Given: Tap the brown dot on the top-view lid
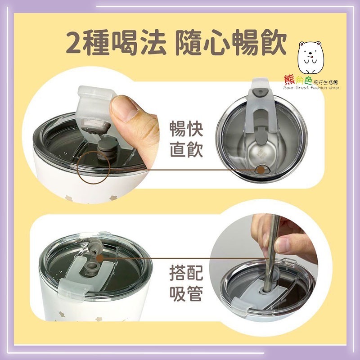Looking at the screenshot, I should [x=260, y=170].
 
